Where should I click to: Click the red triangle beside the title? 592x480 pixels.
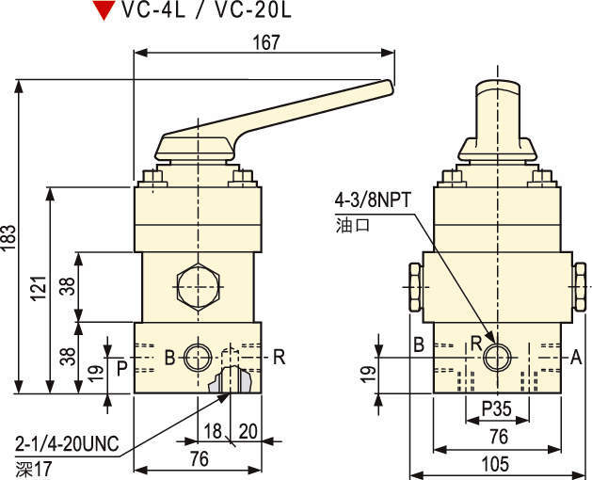[x=102, y=12]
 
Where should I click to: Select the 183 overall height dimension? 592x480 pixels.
[x=8, y=233]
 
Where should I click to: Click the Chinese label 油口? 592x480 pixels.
[x=348, y=225]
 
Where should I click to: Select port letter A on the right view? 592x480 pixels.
[x=576, y=357]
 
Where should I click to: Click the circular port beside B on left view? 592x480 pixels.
[x=198, y=357]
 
